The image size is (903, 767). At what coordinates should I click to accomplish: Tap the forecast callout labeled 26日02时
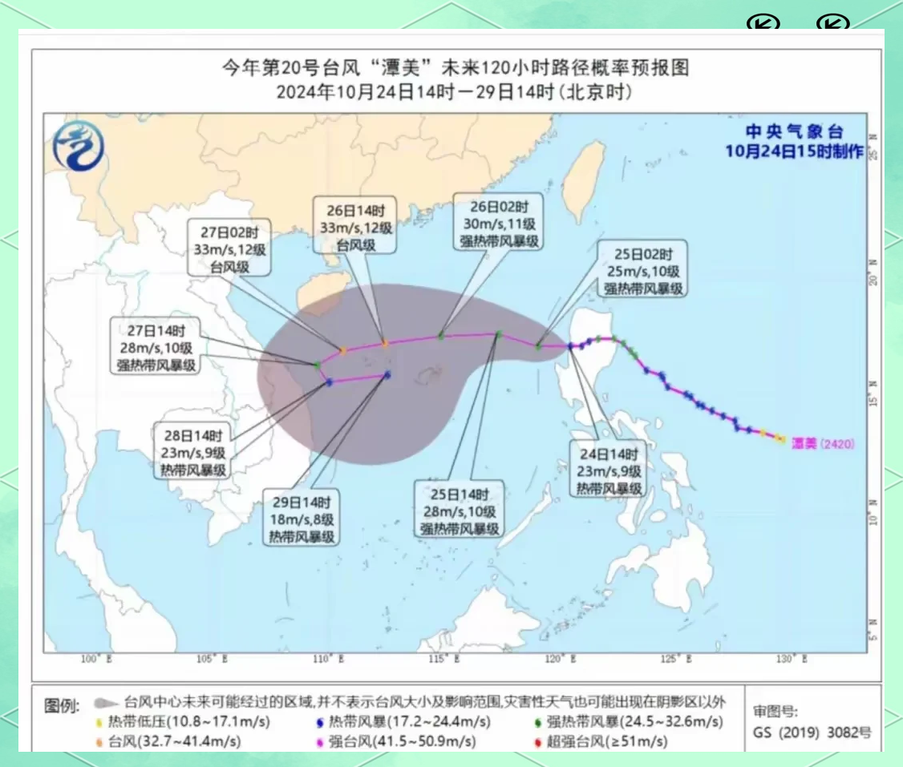[498, 222]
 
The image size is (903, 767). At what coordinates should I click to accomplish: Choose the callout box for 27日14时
[156, 347]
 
